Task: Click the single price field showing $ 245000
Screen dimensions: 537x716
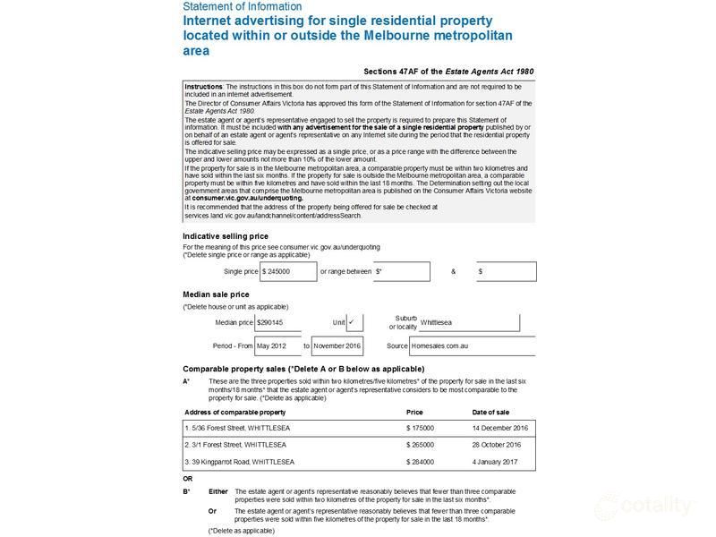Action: tap(287, 271)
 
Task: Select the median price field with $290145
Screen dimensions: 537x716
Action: tap(286, 322)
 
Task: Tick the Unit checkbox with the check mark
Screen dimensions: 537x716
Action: tap(354, 322)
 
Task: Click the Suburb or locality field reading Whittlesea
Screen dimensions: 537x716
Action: tap(463, 322)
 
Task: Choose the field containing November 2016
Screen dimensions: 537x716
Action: tap(337, 345)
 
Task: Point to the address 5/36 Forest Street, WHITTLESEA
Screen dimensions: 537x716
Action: tap(239, 428)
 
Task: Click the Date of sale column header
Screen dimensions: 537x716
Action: tap(490, 412)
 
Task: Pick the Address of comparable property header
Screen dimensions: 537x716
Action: tap(235, 412)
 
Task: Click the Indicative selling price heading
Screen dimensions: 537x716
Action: tap(225, 236)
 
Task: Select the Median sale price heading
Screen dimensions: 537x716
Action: tap(216, 294)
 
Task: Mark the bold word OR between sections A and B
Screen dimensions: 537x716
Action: tap(188, 479)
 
